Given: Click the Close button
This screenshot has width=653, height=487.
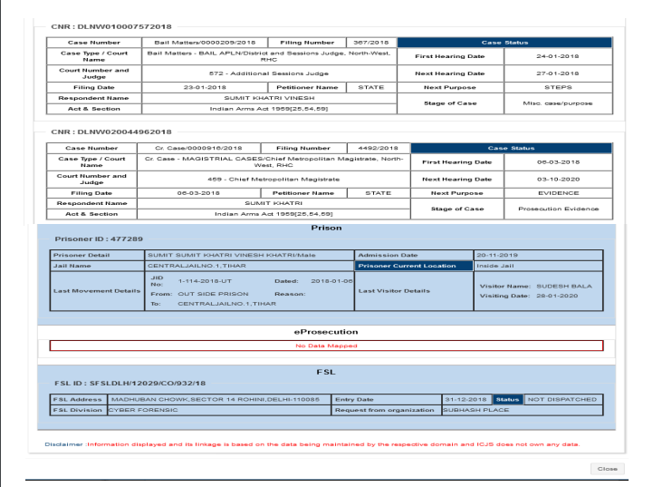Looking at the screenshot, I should click(x=606, y=468).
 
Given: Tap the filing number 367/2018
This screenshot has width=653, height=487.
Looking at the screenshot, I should click(x=371, y=42).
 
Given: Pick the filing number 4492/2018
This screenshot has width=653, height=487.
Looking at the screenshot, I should click(x=371, y=146).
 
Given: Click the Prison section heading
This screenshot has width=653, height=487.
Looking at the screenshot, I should click(x=325, y=229).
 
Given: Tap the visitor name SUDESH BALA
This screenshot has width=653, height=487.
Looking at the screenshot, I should click(x=548, y=285).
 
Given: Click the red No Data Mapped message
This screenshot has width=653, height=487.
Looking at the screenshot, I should click(x=325, y=346).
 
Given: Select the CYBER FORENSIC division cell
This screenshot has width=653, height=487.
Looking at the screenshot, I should click(x=145, y=409).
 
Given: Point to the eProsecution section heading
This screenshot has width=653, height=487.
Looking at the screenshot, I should click(x=325, y=332).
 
